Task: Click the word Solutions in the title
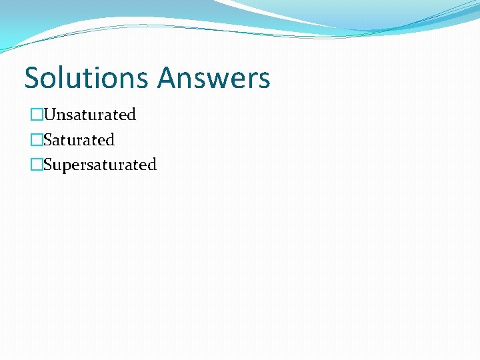click(88, 77)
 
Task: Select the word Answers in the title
click(214, 77)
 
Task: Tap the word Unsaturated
click(89, 115)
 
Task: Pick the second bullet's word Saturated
click(79, 140)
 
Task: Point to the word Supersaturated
click(99, 165)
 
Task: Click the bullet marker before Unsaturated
click(36, 115)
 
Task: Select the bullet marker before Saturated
click(36, 140)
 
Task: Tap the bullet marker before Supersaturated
click(36, 165)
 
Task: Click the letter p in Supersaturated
click(65, 166)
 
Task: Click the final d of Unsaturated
click(131, 115)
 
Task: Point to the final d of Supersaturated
click(152, 165)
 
